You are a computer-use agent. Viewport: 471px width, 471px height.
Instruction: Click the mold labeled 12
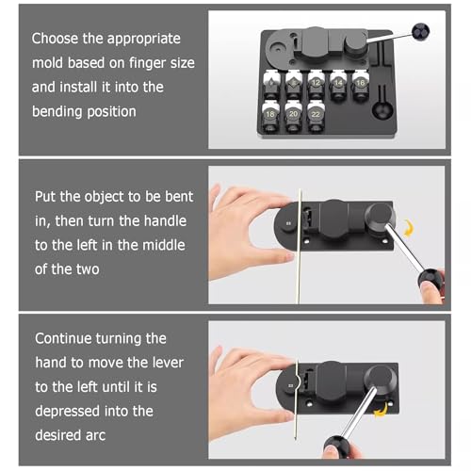(x=316, y=85)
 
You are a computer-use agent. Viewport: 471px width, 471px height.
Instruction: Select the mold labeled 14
(x=338, y=85)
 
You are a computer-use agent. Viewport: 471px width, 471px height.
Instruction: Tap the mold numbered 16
(x=360, y=85)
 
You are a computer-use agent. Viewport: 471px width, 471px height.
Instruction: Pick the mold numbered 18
(x=270, y=116)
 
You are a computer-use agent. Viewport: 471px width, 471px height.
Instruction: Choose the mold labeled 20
(x=293, y=116)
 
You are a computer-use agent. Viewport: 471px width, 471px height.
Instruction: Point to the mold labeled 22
(x=316, y=116)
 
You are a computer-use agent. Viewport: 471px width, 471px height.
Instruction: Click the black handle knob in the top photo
(x=421, y=32)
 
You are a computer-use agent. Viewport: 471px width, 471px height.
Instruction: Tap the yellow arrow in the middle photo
(x=408, y=228)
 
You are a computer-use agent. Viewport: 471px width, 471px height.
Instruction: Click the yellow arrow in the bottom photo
(x=381, y=411)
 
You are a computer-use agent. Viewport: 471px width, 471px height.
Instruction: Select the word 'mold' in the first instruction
(x=48, y=63)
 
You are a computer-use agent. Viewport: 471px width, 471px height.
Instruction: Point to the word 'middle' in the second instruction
(x=164, y=245)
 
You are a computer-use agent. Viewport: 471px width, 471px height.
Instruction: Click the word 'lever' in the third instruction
(x=168, y=363)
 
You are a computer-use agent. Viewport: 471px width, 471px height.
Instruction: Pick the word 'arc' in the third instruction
(x=95, y=435)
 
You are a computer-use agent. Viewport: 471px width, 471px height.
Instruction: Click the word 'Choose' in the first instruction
(x=55, y=39)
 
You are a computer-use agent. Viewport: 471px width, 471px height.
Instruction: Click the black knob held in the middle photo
(x=430, y=280)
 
